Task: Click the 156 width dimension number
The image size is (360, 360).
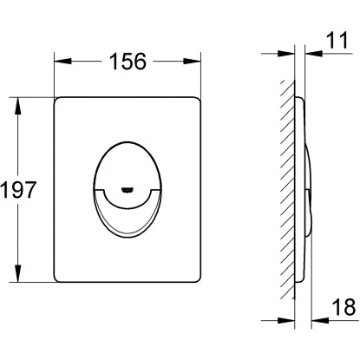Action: [128, 62]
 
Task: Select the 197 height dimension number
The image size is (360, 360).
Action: [18, 190]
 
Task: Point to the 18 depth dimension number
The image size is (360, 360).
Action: [344, 307]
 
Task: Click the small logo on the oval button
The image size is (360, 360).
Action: [127, 189]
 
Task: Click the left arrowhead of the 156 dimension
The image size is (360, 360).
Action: [62, 61]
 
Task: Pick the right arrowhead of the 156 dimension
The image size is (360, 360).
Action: [192, 61]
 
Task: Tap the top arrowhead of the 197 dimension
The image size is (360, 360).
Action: [18, 106]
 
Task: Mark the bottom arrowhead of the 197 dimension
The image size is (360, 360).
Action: [18, 273]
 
